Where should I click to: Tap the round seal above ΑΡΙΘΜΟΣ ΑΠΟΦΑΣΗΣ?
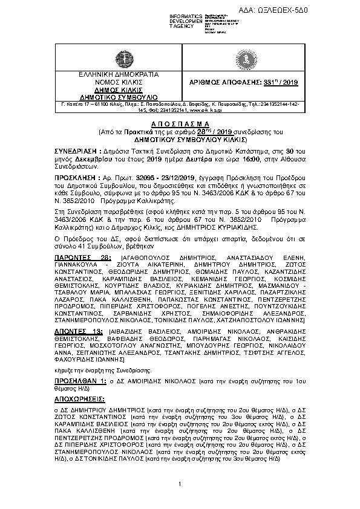[247, 59]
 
